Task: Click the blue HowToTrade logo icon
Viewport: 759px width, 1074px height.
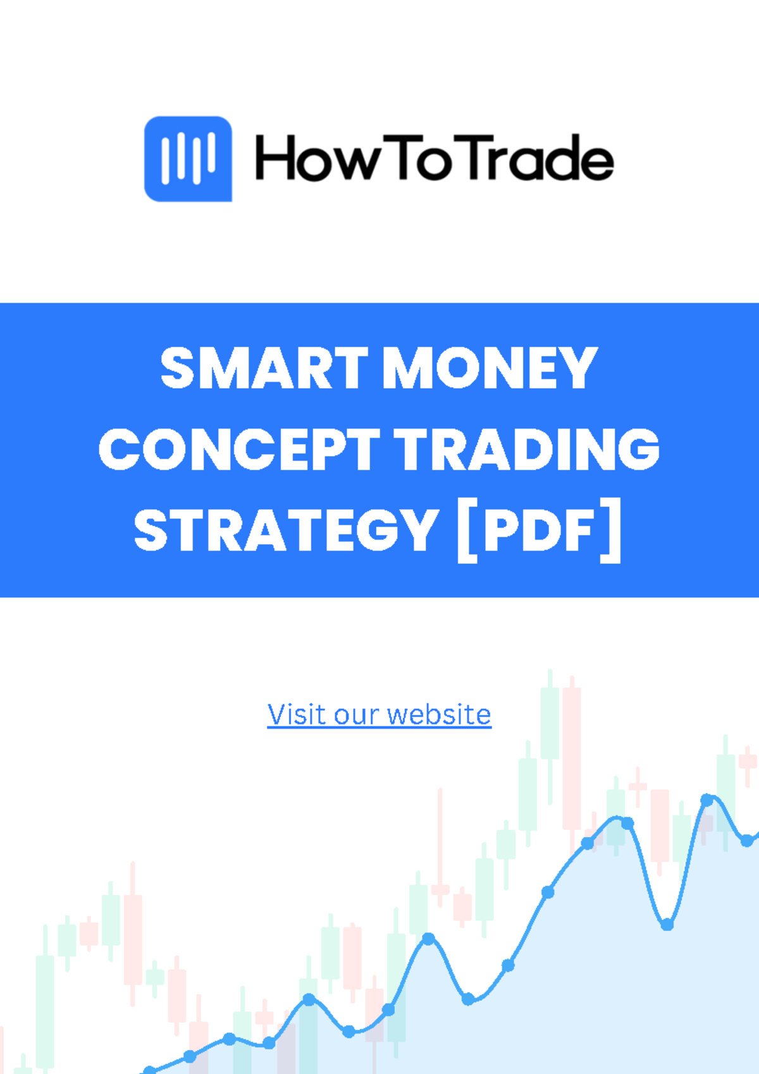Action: coord(188,158)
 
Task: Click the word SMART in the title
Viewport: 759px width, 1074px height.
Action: coord(264,368)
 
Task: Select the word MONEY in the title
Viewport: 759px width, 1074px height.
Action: coord(490,368)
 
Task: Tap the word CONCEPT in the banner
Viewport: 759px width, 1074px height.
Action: coord(239,449)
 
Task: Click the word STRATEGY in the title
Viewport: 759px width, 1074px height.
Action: coord(286,530)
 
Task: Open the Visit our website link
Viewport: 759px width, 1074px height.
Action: coord(379,715)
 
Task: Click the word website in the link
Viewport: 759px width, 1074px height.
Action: coord(439,715)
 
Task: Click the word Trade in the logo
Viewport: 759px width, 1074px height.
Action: coord(540,158)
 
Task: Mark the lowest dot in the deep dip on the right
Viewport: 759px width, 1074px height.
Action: coord(667,925)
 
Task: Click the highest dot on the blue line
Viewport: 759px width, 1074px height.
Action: coord(707,800)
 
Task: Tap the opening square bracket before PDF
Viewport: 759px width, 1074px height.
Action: coord(466,530)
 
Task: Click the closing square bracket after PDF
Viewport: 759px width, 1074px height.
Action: coord(611,530)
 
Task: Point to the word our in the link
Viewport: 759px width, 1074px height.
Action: coord(357,715)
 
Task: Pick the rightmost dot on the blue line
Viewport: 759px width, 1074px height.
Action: coord(747,841)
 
